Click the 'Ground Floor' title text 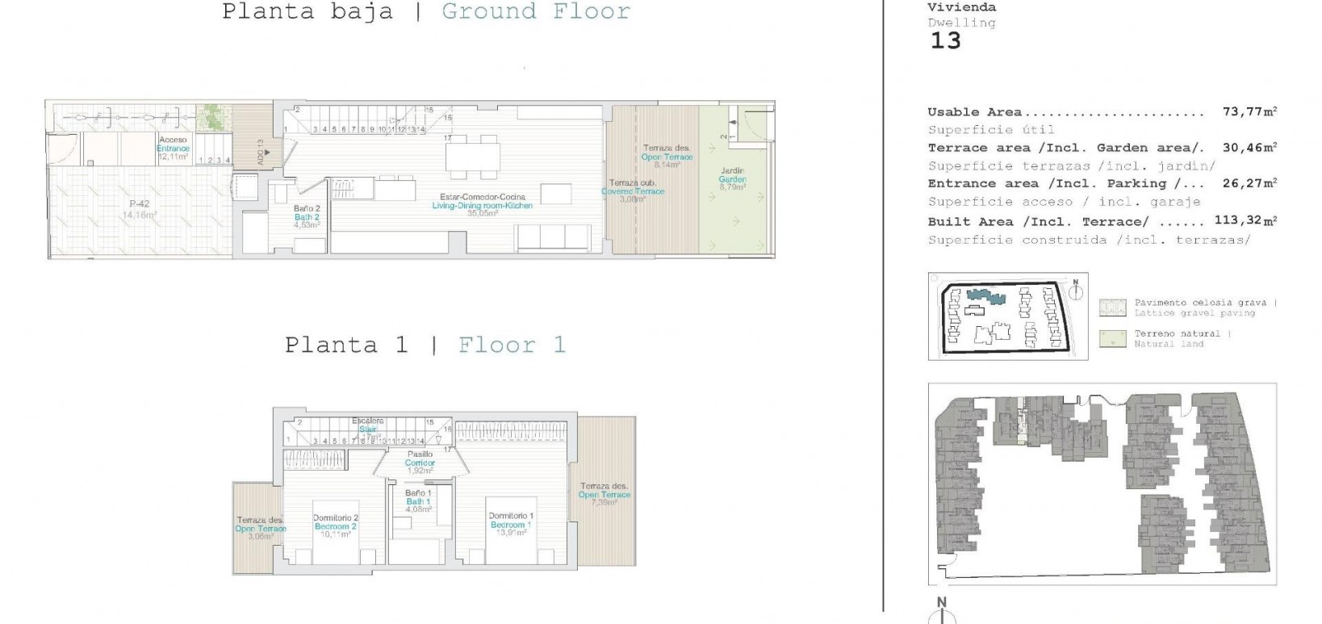536,12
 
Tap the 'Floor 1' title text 512,346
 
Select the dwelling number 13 945,41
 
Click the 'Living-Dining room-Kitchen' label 483,205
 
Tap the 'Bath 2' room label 307,217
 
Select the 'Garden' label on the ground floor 733,179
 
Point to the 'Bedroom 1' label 510,525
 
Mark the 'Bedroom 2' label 336,526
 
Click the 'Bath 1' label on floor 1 418,501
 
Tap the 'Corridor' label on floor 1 420,463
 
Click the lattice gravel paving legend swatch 1112,308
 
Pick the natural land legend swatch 1112,339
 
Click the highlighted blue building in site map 987,296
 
